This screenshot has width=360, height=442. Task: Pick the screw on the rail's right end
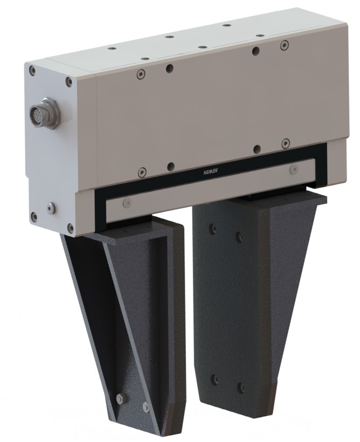293,170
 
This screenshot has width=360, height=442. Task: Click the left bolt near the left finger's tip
120,398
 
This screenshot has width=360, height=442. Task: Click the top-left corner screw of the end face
32,70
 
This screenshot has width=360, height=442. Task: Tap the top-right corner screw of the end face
69,82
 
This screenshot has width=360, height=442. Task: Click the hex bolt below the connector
51,208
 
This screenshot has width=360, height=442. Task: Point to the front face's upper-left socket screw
141,74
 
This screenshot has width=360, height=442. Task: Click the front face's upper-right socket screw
285,45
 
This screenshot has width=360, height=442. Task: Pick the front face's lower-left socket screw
142,172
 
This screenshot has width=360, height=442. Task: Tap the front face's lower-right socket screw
286,143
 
